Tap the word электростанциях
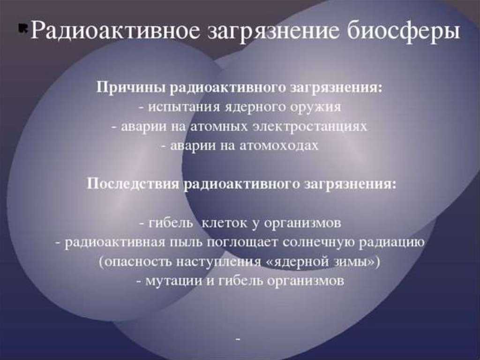309,127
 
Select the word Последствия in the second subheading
133,184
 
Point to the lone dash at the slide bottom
238,339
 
